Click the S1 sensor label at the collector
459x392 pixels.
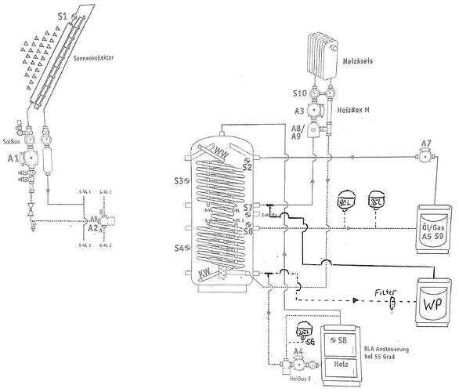pyautogui.click(x=62, y=14)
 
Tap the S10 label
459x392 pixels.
pyautogui.click(x=300, y=93)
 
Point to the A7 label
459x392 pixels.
pyautogui.click(x=426, y=143)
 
